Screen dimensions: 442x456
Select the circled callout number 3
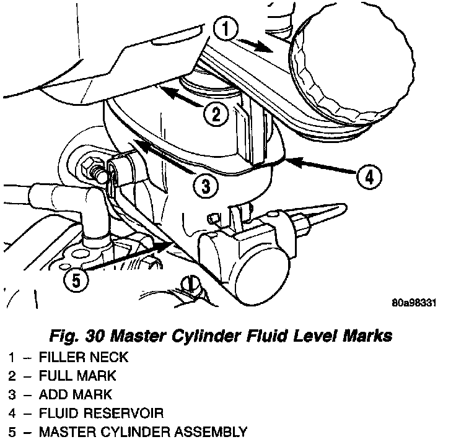[205, 184]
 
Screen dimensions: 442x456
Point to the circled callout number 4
[368, 176]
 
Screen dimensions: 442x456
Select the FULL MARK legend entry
[77, 375]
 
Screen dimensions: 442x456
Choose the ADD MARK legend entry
[75, 394]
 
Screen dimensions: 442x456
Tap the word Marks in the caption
[366, 336]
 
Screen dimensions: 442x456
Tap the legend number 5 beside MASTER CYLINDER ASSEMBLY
[12, 431]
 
